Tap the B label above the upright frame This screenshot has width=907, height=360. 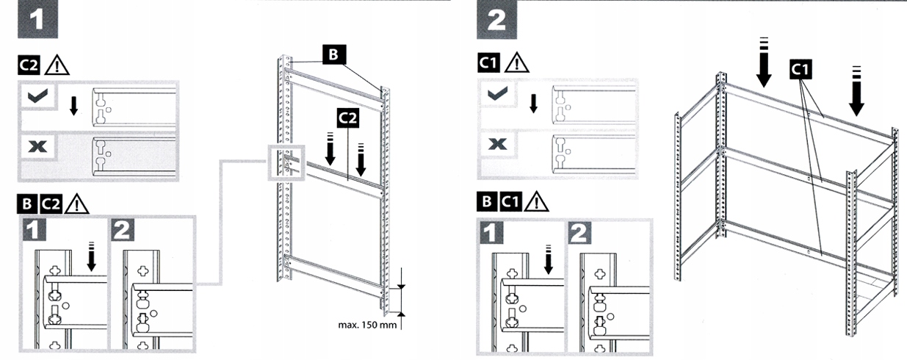click(333, 55)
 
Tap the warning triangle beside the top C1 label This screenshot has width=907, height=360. click(517, 62)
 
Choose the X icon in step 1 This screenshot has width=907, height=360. click(35, 147)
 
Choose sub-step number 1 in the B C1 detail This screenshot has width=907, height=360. click(496, 233)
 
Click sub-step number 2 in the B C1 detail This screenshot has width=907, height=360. click(580, 233)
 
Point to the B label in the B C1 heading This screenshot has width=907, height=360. click(486, 200)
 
